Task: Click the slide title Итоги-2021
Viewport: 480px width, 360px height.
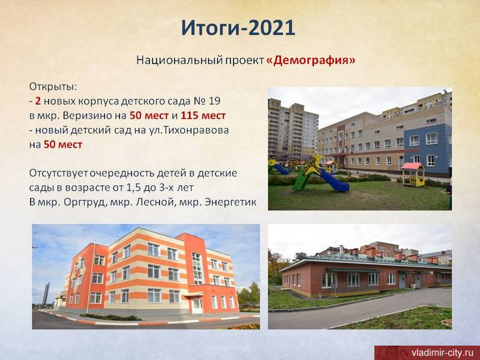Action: tap(238, 29)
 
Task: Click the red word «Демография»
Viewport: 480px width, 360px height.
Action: tap(311, 61)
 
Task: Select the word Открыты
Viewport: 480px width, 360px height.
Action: tap(53, 87)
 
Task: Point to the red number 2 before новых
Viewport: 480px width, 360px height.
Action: tap(38, 101)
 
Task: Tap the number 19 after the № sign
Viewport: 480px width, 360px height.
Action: tap(214, 101)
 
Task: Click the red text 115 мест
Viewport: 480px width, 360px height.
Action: tap(203, 116)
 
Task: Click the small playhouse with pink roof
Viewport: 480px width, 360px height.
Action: tap(413, 174)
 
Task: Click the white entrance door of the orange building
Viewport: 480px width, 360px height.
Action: tap(197, 306)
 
